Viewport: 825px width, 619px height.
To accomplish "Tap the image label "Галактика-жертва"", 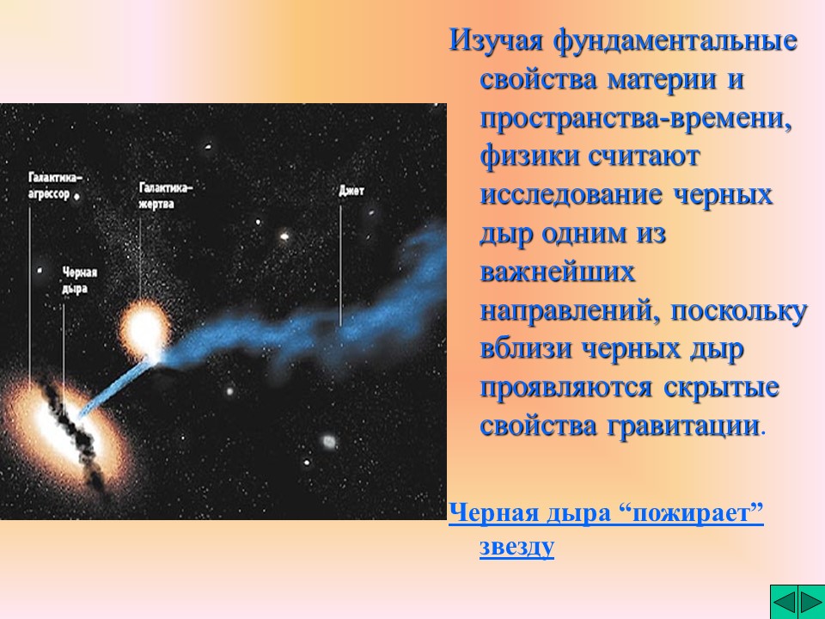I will click(166, 195).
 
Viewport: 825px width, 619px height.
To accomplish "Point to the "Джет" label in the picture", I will click(351, 191).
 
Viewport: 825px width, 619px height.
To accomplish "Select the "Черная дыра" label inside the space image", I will click(79, 280).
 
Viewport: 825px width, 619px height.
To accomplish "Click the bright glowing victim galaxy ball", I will click(144, 328).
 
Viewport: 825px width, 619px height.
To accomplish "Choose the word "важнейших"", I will click(557, 273).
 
